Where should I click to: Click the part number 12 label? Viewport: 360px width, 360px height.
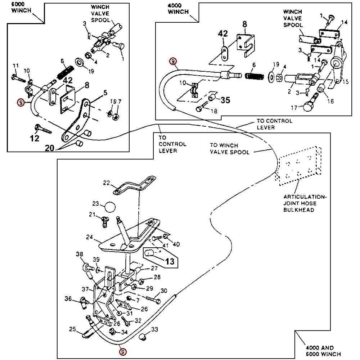(x=35, y=138)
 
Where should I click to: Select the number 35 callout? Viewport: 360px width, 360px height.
(x=225, y=100)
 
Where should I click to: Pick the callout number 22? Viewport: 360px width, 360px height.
(x=106, y=183)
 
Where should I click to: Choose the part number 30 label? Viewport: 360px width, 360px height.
(x=164, y=291)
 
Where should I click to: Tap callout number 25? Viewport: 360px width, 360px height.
(x=72, y=329)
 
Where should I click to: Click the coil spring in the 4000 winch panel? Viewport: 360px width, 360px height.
(x=254, y=76)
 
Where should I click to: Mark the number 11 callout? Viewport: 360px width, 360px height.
(x=15, y=66)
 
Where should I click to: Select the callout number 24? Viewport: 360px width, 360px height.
(x=90, y=237)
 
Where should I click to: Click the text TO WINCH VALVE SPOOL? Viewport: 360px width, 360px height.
(x=229, y=149)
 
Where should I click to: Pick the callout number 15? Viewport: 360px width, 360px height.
(x=346, y=82)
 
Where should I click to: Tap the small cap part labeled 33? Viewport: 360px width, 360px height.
(x=143, y=337)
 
